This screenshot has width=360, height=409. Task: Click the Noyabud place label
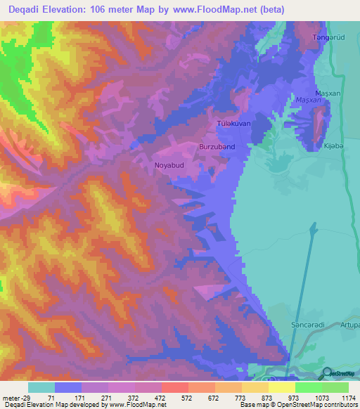pyautogui.click(x=168, y=166)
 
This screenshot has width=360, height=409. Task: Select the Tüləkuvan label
pyautogui.click(x=233, y=124)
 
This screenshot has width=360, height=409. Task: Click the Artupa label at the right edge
pyautogui.click(x=349, y=325)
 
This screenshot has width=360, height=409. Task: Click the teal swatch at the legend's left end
pyautogui.click(x=41, y=387)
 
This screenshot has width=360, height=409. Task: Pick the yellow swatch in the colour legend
pyautogui.click(x=282, y=387)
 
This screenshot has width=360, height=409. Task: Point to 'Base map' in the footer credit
pyautogui.click(x=253, y=405)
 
